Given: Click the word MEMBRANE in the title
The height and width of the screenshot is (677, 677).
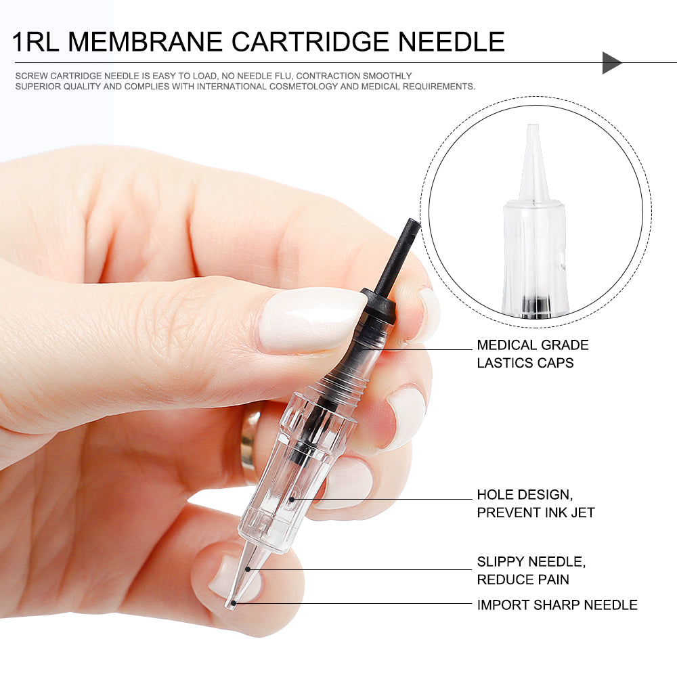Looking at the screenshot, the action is pos(145,42).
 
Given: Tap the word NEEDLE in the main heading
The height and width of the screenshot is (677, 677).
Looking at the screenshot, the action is pos(451,42).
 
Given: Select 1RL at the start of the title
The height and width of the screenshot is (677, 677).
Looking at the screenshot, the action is pos(35,42).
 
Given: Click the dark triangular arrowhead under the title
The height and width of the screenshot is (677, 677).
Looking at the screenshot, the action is pos(612,62).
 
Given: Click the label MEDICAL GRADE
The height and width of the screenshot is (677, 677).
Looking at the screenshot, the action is pos(533,345).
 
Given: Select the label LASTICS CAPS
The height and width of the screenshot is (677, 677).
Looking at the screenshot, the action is pos(525,363).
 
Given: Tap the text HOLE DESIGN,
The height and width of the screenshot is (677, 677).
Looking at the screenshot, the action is pos(525,495).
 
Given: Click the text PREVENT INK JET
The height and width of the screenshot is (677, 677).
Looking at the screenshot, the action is pos(536,512).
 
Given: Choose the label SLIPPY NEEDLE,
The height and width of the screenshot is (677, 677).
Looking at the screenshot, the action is pos(531,562).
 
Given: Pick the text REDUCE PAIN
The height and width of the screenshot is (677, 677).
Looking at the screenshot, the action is pos(523,580).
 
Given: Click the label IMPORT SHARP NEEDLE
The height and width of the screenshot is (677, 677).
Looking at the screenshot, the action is pos(557,605).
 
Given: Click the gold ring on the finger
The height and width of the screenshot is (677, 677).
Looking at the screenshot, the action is pos(250,443).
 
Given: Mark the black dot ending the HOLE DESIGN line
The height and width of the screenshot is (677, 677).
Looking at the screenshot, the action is pos(291,500).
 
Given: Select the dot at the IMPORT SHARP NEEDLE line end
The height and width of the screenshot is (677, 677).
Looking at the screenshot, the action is pos(234,603).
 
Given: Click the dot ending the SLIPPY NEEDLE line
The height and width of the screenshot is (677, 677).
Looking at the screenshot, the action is pos(248,569).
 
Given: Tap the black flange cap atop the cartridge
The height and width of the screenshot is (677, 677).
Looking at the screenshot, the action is pos(378,304).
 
